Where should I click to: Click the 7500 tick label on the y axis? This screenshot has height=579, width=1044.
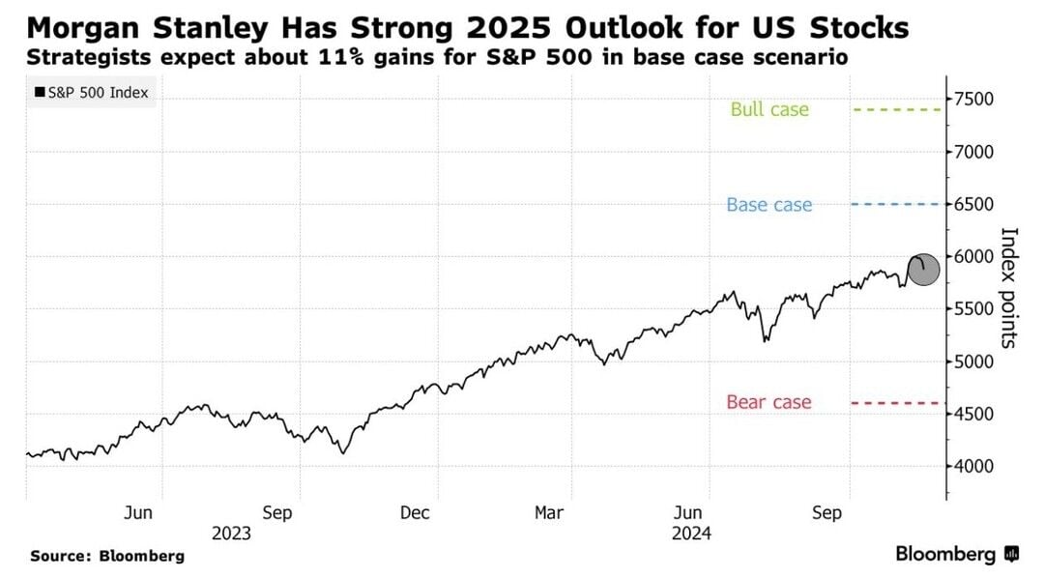(x=974, y=100)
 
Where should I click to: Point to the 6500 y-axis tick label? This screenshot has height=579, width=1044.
(x=974, y=205)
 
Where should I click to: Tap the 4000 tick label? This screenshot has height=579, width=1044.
(x=974, y=467)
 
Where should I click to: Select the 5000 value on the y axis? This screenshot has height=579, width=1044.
(x=974, y=362)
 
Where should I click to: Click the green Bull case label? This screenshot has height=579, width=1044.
(x=769, y=110)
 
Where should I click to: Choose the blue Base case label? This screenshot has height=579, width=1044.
(x=769, y=205)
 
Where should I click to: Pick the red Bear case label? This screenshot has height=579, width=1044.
(x=768, y=402)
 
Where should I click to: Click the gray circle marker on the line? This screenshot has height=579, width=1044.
(x=923, y=270)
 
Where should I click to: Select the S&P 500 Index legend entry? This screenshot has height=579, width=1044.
(x=92, y=93)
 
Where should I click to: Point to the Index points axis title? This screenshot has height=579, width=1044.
(x=1009, y=287)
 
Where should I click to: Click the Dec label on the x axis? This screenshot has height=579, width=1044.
(x=416, y=513)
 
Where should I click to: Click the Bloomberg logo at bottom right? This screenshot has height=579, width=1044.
(x=957, y=555)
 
